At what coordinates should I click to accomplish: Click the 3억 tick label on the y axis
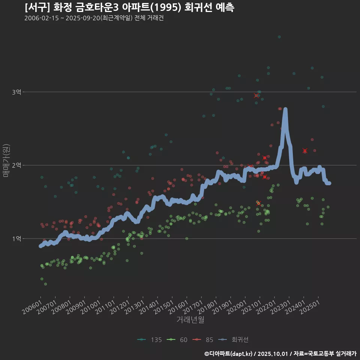pyautogui.click(x=16, y=92)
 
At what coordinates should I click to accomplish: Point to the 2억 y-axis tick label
pyautogui.click(x=16, y=165)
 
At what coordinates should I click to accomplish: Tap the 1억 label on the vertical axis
pyautogui.click(x=16, y=238)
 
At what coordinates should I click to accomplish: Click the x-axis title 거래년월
pyautogui.click(x=190, y=320)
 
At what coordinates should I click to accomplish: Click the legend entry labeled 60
pyautogui.click(x=179, y=340)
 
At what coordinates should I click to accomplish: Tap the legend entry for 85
pyautogui.click(x=205, y=340)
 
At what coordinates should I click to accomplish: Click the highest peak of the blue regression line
pyautogui.click(x=285, y=109)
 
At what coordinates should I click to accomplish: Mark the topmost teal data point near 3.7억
pyautogui.click(x=279, y=37)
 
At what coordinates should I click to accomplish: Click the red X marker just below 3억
pyautogui.click(x=256, y=96)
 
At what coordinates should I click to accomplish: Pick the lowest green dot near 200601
pyautogui.click(x=45, y=284)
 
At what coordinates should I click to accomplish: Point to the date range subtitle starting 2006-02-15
pyautogui.click(x=94, y=18)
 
